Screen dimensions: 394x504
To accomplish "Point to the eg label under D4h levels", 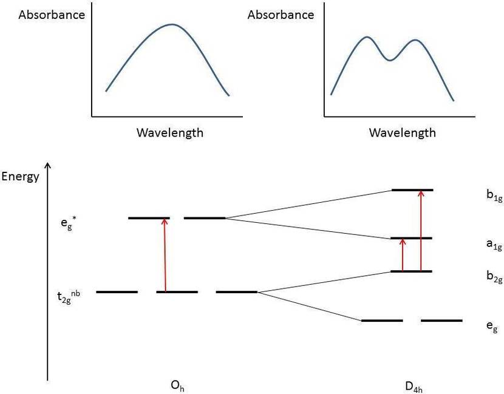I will [x=492, y=327].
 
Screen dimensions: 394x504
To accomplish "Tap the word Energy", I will [x=21, y=177].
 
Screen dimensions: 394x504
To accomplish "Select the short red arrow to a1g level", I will [x=402, y=254].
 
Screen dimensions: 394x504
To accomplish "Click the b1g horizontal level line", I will [x=412, y=190].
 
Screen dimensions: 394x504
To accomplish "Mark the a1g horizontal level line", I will [x=411, y=238].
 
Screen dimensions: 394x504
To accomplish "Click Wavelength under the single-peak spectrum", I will [x=170, y=132].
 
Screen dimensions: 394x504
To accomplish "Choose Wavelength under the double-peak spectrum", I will [x=403, y=132].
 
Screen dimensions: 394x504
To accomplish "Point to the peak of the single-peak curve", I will [x=172, y=25].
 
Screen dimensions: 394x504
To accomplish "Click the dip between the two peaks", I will [x=390, y=60].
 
